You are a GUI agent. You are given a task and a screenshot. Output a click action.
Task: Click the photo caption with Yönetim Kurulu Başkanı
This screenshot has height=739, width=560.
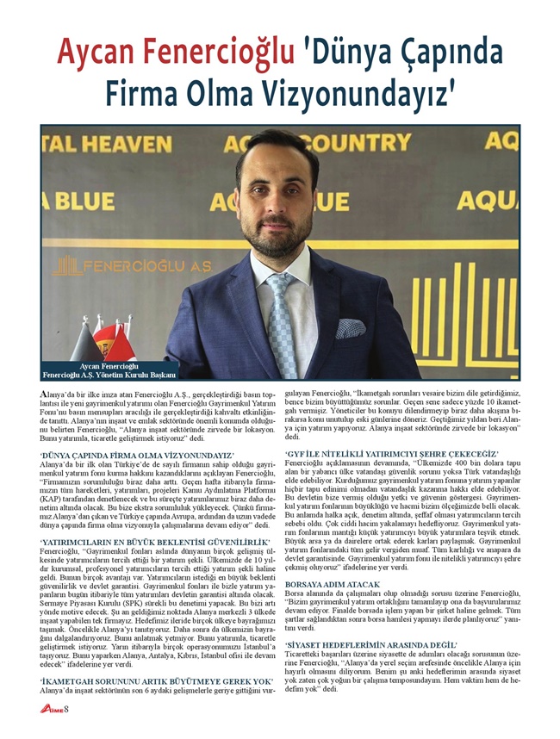(x=109, y=371)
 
